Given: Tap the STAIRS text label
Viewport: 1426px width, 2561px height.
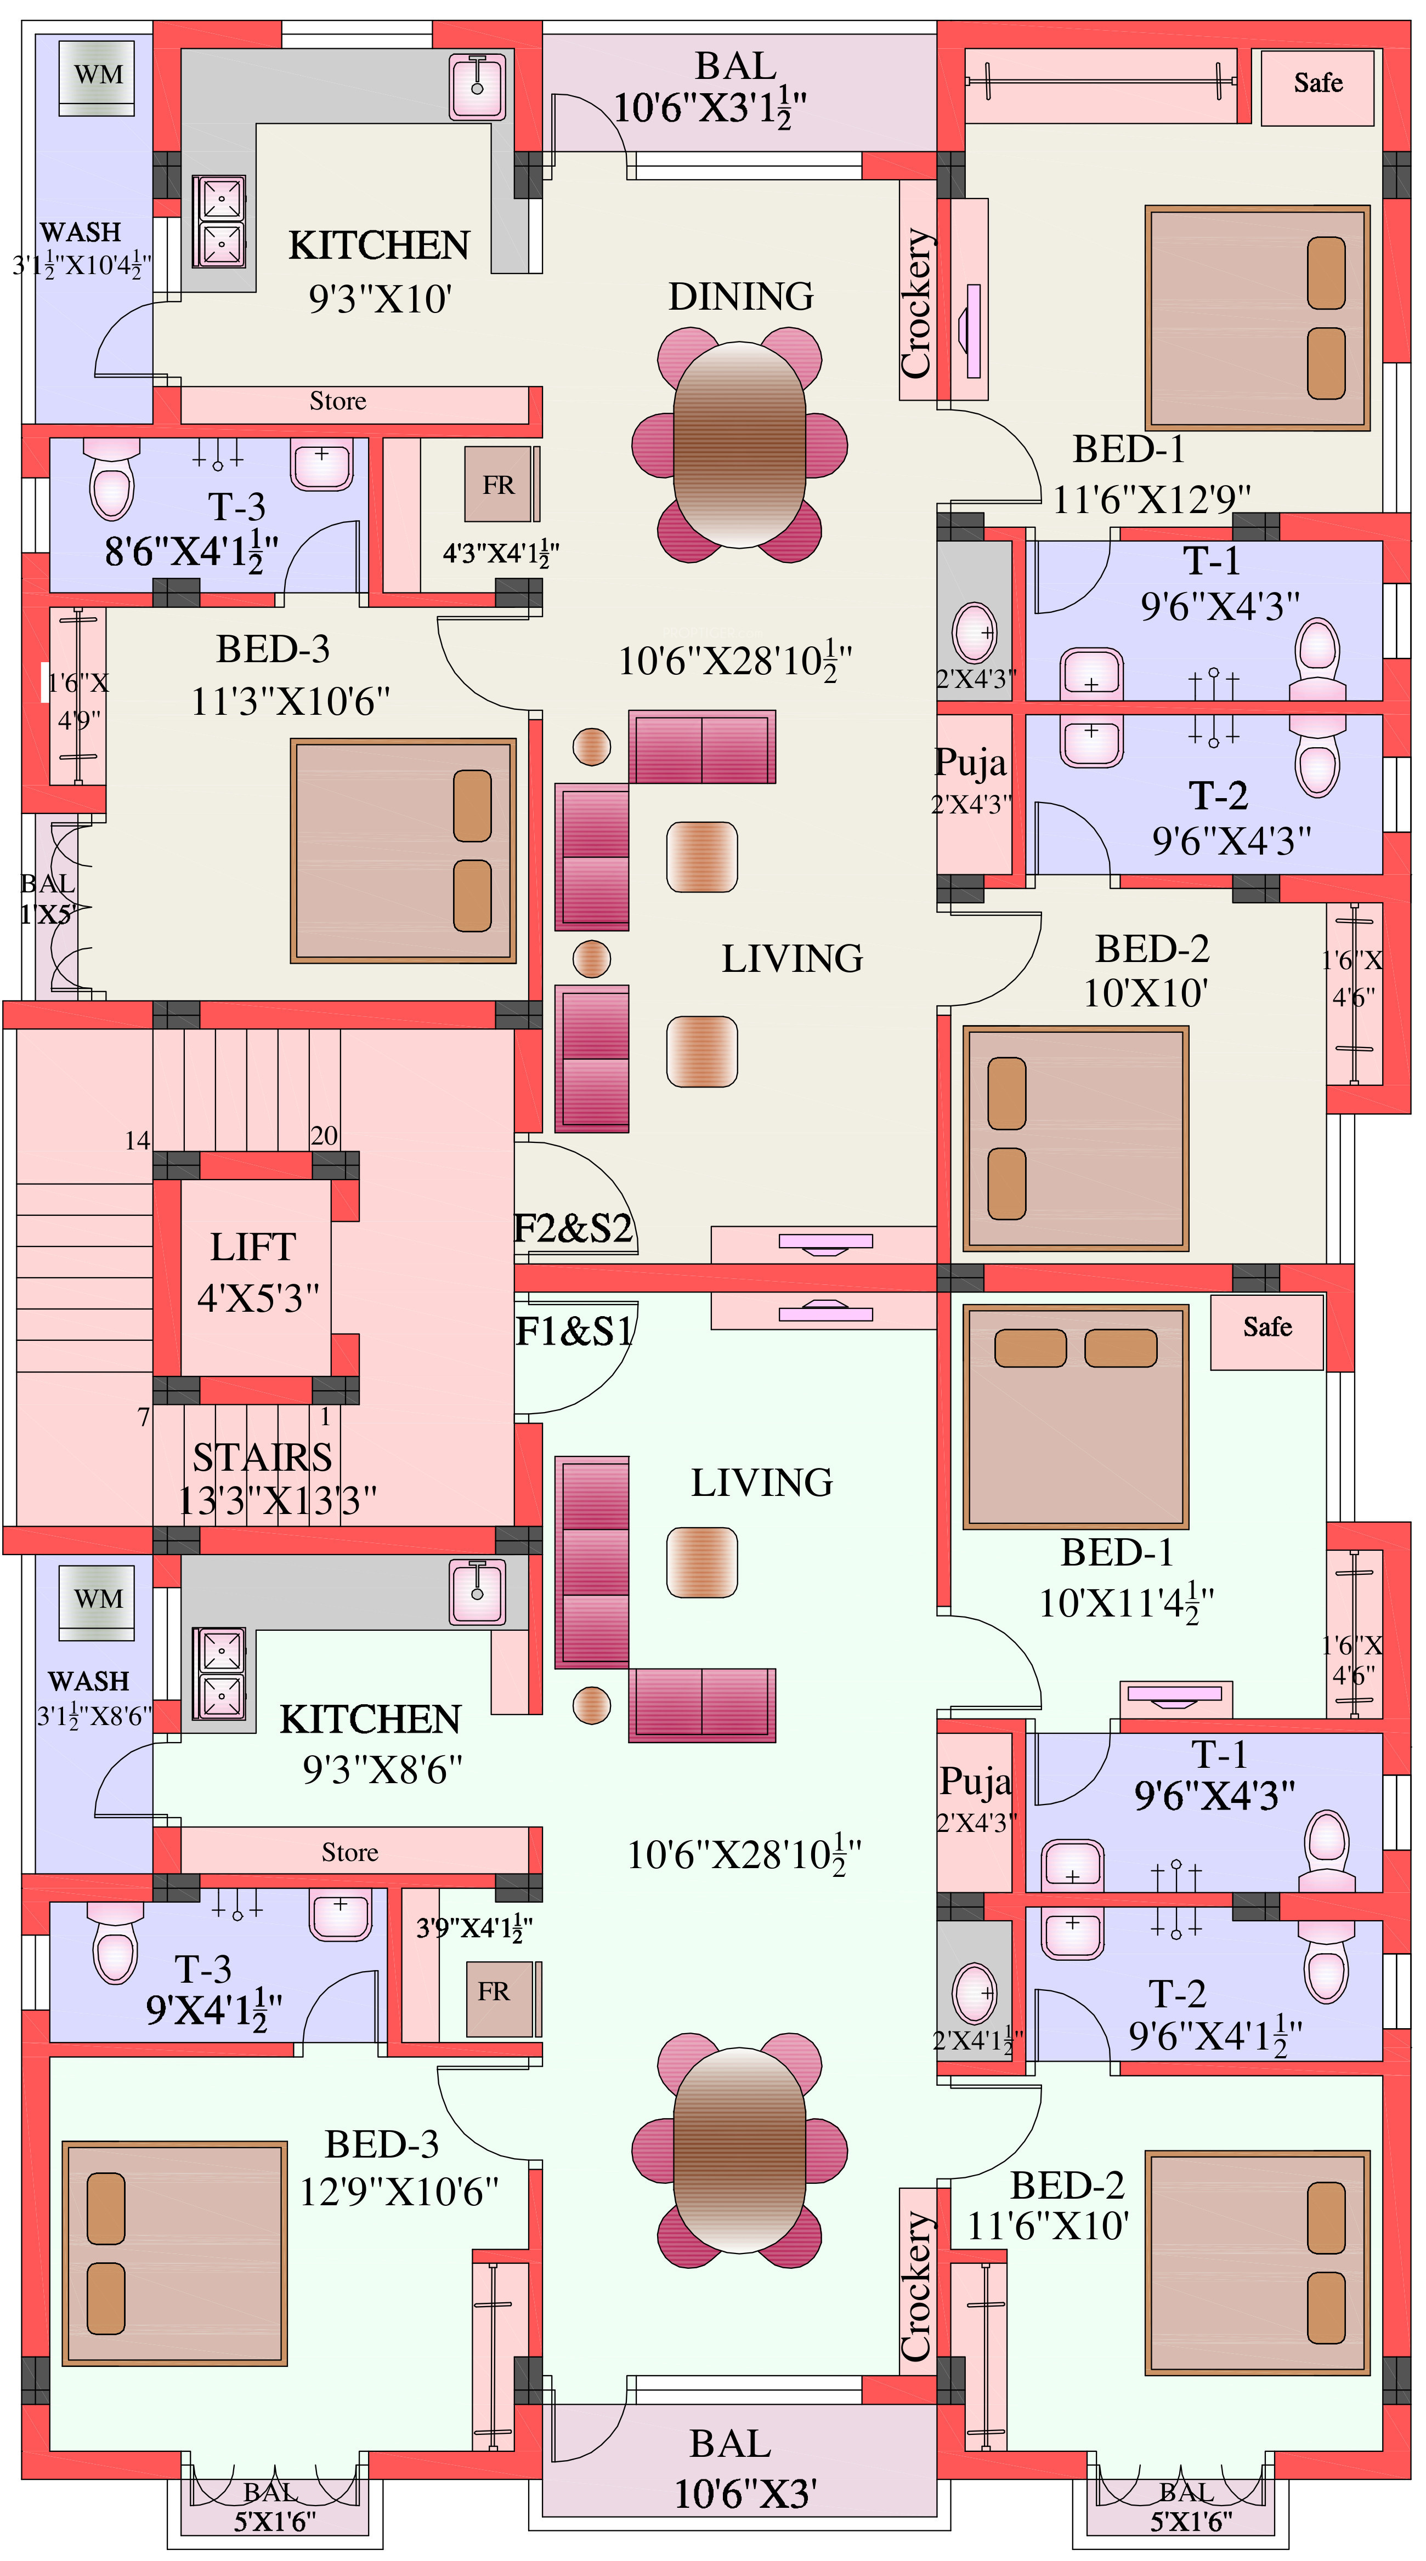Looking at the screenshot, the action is coord(263,1458).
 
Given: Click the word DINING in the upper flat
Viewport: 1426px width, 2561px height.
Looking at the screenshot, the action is coord(741,296).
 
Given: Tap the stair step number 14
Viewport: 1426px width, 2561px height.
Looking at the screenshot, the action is coord(137,1140).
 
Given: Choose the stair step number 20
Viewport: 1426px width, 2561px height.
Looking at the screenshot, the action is coord(324,1135).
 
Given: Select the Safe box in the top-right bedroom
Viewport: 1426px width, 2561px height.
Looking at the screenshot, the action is coord(1317,88).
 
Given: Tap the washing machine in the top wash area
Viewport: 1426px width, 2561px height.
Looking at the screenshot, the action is coord(98,77).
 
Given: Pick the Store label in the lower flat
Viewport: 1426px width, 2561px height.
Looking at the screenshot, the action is coord(350,1852).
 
